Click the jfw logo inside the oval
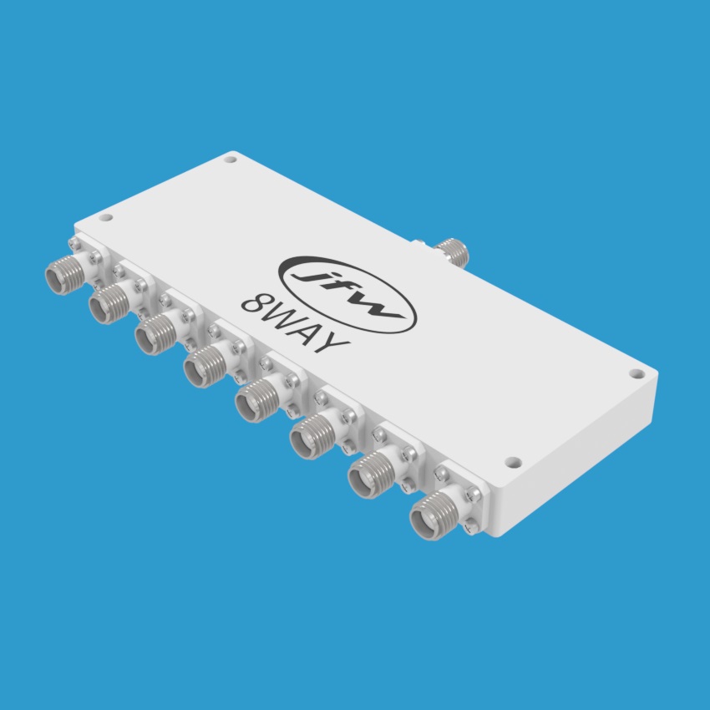coord(347,295)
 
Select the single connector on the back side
coord(451,251)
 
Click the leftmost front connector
coord(65,275)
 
